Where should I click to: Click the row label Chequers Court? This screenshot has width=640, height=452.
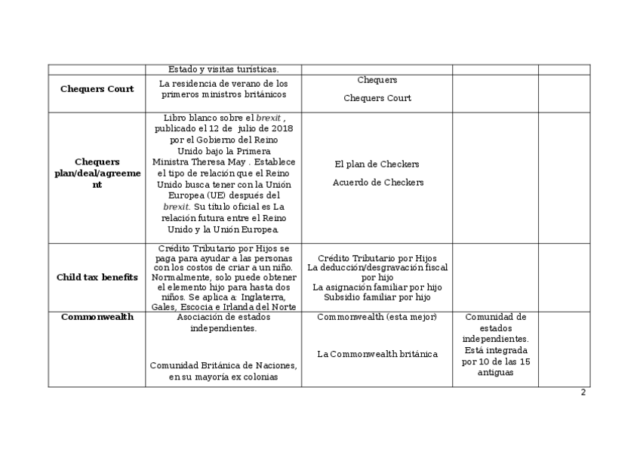pos(97,89)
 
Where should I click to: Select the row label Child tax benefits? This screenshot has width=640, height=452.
pos(97,277)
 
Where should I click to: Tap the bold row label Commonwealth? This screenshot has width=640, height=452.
pos(97,317)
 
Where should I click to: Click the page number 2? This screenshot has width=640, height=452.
pos(583,392)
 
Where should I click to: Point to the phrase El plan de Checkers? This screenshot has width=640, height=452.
pos(377,165)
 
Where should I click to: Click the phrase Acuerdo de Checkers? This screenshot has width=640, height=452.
pos(378,183)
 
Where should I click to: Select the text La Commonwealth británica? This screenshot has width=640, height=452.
pos(377,354)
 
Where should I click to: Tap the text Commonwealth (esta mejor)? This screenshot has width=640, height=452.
pos(377,317)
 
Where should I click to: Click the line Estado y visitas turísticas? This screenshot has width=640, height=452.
pos(223,69)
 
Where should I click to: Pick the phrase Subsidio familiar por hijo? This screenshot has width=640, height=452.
pos(377,297)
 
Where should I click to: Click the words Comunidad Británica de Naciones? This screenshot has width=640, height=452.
pos(223,366)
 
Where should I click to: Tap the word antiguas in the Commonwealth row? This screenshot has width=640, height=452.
pos(495,372)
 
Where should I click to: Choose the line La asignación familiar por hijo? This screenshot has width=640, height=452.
pos(377,287)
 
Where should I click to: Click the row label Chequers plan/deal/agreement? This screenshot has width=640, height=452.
pos(97,173)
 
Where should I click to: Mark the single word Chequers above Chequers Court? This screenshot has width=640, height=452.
pos(377,80)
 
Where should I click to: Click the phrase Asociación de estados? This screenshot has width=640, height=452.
pos(223,318)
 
